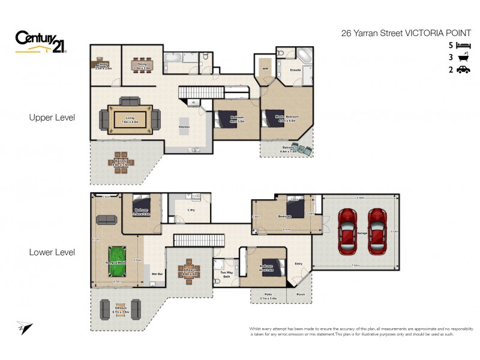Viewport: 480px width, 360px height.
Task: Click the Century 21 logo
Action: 40,43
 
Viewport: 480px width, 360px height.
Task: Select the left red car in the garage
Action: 347,231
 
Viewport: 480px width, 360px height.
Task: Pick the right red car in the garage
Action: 377,231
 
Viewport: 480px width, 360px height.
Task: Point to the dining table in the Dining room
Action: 142,62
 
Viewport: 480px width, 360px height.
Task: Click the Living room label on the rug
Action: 130,118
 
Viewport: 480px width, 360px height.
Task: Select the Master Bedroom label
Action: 287,116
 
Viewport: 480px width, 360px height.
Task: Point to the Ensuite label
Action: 295,70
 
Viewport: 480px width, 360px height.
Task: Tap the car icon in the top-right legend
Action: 463,70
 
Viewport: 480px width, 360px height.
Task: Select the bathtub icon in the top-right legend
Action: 463,58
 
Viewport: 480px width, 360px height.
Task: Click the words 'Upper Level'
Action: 52,118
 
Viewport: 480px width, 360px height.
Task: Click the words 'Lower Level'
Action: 52,253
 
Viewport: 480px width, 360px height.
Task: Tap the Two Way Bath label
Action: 227,274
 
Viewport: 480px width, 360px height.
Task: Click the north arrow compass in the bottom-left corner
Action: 24,328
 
